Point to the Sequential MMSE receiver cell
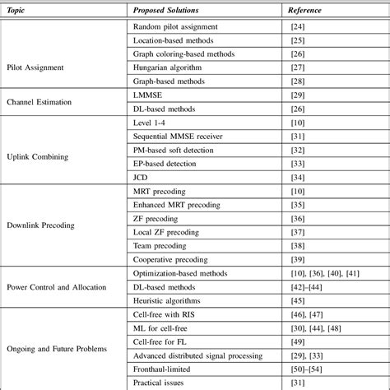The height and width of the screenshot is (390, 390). [x=178, y=137]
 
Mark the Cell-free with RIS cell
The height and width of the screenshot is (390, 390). [x=165, y=315]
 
